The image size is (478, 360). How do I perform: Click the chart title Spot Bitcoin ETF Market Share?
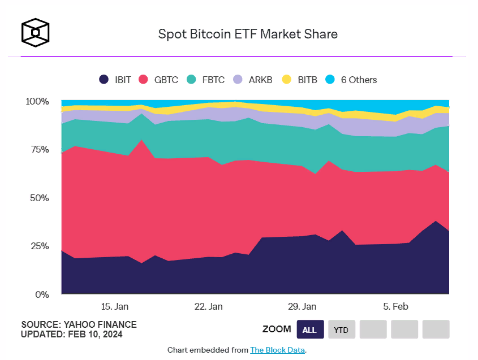(x=248, y=34)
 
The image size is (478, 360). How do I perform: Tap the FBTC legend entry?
(x=206, y=80)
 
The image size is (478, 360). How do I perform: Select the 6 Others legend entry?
(x=351, y=80)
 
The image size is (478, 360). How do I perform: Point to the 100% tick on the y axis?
(x=38, y=102)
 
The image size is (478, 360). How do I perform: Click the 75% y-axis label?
(x=40, y=150)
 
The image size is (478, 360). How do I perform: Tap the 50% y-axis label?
(x=40, y=198)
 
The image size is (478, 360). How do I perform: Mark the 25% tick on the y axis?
(x=40, y=246)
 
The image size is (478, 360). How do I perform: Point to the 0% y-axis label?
(x=43, y=294)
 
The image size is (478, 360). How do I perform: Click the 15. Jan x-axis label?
(x=114, y=306)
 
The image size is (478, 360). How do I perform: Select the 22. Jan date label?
(x=208, y=306)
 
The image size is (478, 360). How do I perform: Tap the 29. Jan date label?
(x=302, y=306)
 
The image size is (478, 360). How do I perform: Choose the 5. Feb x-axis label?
(x=395, y=306)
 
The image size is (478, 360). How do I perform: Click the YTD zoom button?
(x=341, y=329)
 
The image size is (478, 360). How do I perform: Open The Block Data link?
(x=277, y=350)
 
